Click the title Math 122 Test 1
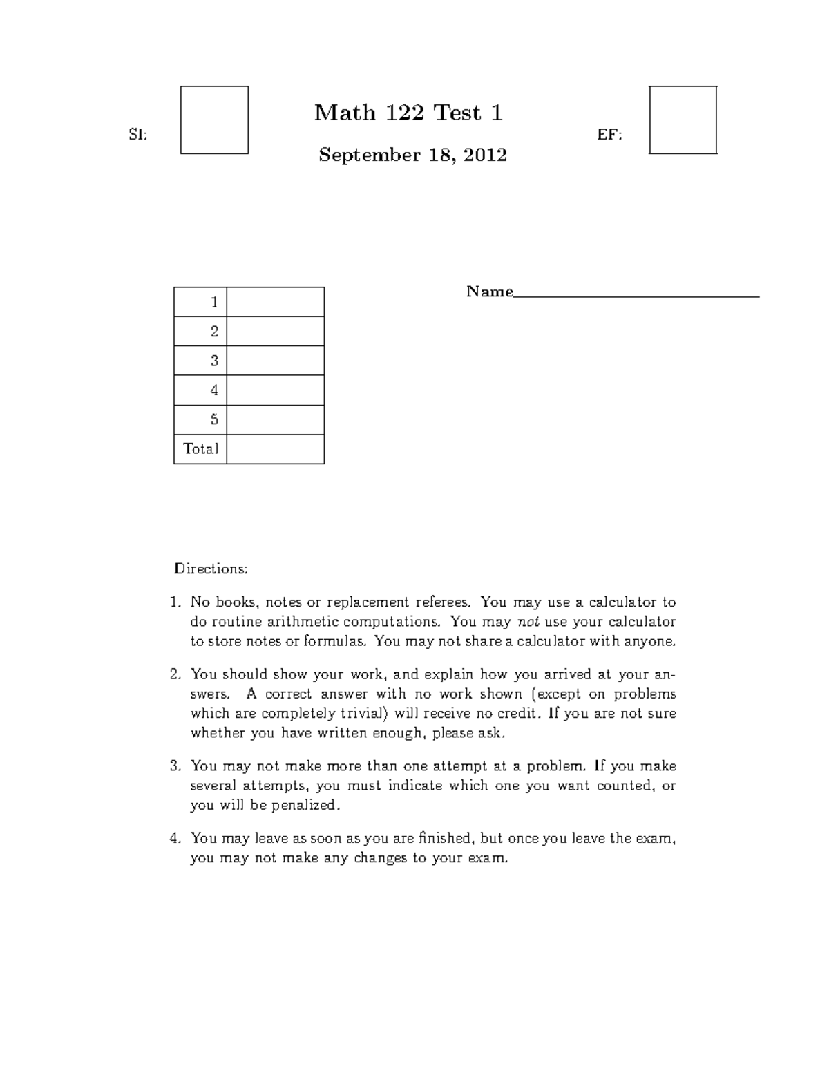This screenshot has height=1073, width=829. (x=408, y=113)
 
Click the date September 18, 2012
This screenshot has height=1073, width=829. (x=412, y=155)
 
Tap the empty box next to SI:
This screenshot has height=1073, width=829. (x=214, y=120)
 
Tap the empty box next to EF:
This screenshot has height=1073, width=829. (x=683, y=120)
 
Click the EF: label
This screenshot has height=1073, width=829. (x=609, y=135)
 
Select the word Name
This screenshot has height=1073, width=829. (x=489, y=292)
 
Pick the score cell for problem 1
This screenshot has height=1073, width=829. (x=275, y=302)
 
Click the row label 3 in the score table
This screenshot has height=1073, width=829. (x=214, y=361)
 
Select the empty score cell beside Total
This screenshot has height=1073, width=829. (x=275, y=449)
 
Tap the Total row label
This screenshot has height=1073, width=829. (x=200, y=449)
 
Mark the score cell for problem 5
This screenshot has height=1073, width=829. (x=275, y=419)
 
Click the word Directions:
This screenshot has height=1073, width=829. (x=210, y=569)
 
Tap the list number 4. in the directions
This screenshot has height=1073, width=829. (x=175, y=839)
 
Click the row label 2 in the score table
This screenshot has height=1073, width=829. (x=214, y=332)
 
